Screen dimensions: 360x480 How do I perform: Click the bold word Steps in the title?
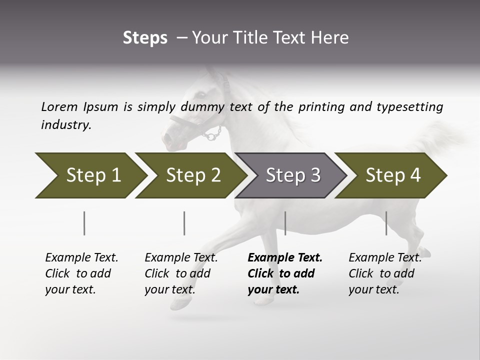pos(145,38)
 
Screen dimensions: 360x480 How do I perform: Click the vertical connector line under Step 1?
pos(84,223)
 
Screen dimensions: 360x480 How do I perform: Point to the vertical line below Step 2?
pos(184,223)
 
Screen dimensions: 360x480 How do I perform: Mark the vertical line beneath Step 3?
pos(285,223)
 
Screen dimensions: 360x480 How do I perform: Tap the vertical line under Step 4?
pos(386,223)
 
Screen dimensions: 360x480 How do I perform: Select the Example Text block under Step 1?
pos(81,273)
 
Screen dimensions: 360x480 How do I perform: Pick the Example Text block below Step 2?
pos(181,273)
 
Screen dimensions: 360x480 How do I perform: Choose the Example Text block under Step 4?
pos(384,273)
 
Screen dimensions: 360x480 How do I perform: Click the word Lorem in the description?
pos(59,106)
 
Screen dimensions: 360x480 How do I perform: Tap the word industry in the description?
pos(66,124)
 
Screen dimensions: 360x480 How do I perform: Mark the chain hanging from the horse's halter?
pos(213,133)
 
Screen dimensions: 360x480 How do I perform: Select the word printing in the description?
pos(326,107)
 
